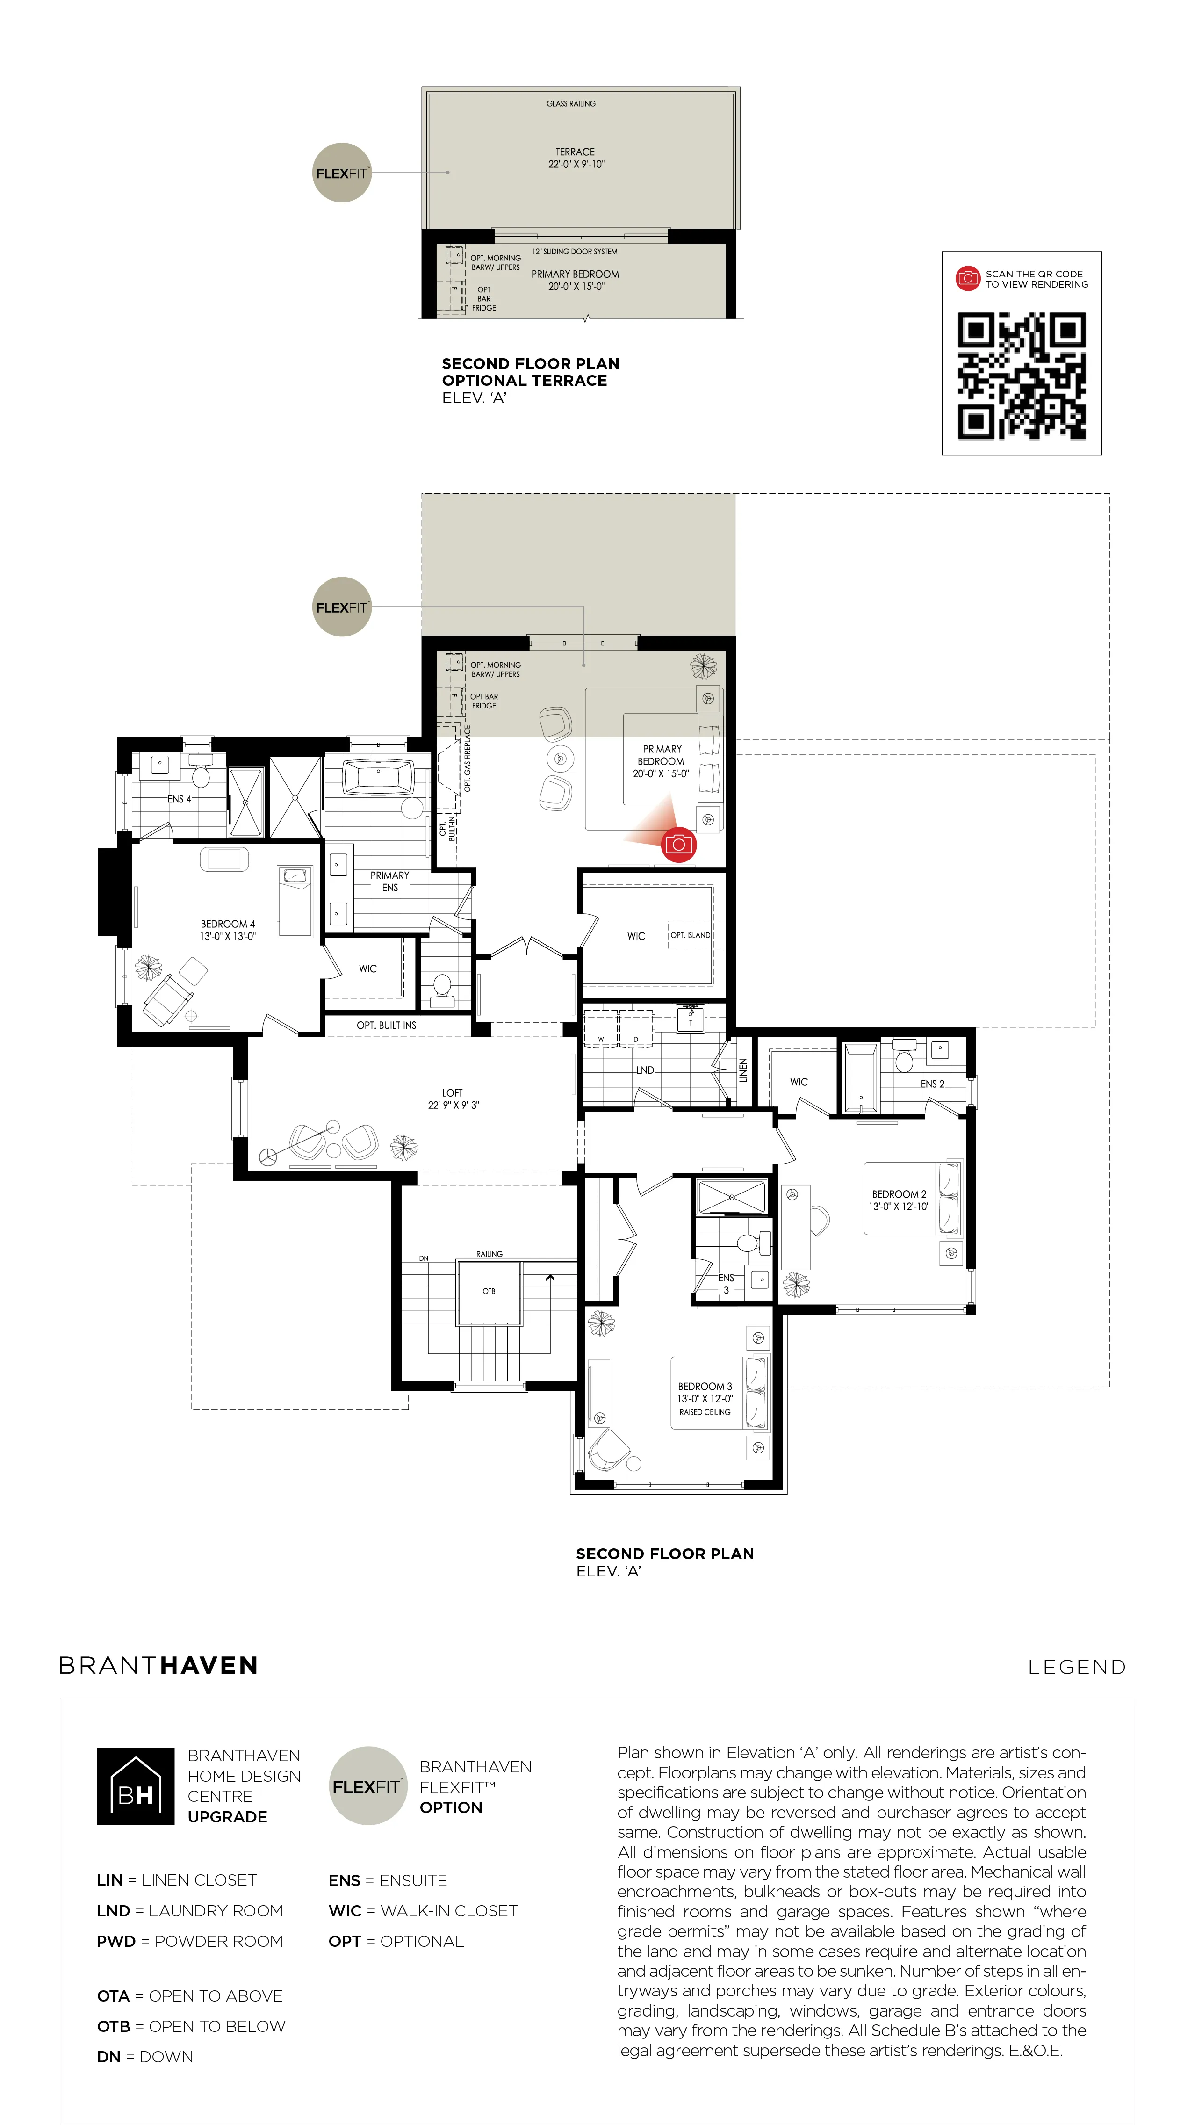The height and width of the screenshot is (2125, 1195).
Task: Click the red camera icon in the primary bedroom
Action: click(x=679, y=844)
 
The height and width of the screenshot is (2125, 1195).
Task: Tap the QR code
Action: click(x=1021, y=376)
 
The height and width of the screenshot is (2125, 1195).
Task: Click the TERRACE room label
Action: click(x=575, y=152)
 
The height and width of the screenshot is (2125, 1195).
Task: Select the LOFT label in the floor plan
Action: click(x=452, y=1092)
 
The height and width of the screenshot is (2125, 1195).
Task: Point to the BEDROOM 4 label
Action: click(x=228, y=924)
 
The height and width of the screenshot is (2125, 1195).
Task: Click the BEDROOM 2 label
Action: click(x=899, y=1193)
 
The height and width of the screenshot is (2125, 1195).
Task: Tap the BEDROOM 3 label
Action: click(x=705, y=1387)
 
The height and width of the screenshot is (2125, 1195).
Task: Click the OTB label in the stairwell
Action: click(x=489, y=1291)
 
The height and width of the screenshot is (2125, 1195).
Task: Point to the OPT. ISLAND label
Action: click(x=690, y=935)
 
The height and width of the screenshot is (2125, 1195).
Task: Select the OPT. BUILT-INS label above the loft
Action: click(x=386, y=1026)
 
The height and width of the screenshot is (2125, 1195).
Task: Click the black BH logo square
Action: click(x=136, y=1786)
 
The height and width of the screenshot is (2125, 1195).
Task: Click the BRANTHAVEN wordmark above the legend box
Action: click(x=158, y=1665)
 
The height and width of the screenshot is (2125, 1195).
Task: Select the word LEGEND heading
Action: click(x=1076, y=1667)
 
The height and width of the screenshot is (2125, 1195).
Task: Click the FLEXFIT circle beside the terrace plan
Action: click(x=341, y=173)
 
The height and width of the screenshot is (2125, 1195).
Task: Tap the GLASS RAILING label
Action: click(x=571, y=104)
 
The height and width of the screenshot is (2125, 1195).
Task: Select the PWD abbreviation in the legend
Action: click(x=115, y=1941)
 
